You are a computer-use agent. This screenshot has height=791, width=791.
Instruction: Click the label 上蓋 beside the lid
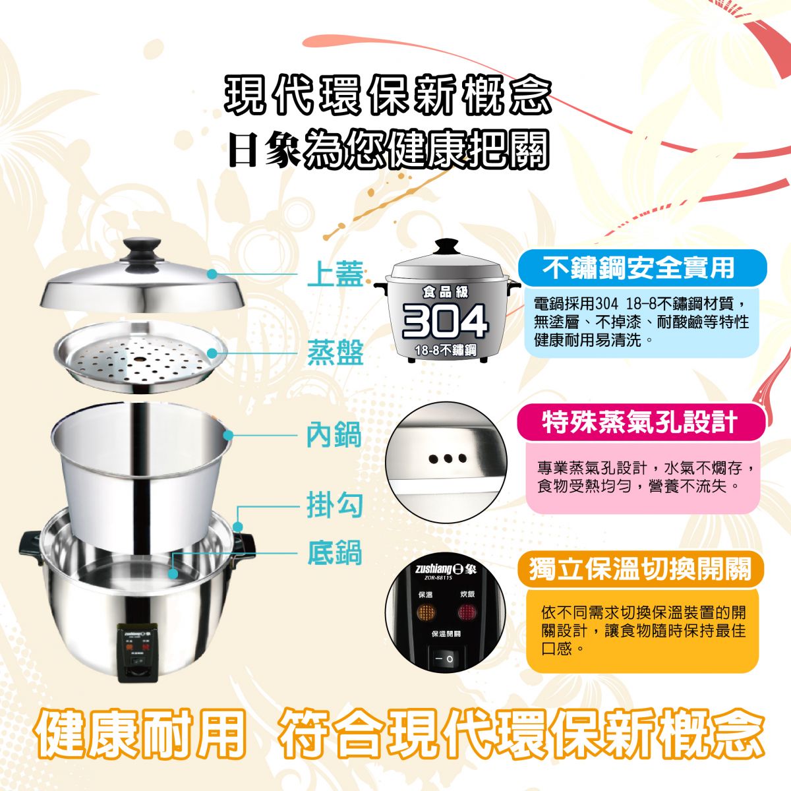pos(336,274)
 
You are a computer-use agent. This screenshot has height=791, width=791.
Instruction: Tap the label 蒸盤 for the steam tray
pos(336,353)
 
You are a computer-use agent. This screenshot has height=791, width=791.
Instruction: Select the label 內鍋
pos(334,434)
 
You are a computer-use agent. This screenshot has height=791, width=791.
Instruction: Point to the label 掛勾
pos(335,506)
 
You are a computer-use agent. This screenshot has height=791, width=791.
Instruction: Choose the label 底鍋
pos(335,553)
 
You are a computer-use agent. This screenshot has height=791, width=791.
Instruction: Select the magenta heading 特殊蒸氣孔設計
pos(639,422)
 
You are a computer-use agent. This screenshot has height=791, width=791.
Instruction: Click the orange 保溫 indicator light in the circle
pos(426,613)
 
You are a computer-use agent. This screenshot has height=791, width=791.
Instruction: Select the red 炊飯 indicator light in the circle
pos(467,613)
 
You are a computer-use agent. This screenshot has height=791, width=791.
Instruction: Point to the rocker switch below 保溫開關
pos(446,659)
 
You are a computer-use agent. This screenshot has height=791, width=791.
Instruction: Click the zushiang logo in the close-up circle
pos(446,570)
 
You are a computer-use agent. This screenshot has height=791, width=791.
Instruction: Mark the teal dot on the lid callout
pos(212,274)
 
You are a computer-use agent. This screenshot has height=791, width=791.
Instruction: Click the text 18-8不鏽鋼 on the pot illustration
pos(446,350)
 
